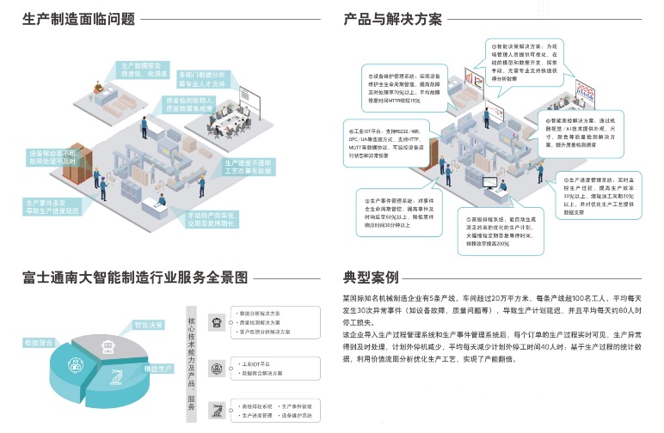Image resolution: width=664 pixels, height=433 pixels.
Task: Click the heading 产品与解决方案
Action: [392, 17]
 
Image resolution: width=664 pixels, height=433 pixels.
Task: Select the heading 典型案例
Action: [371, 277]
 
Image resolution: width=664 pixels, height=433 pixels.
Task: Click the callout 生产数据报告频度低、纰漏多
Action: [143, 70]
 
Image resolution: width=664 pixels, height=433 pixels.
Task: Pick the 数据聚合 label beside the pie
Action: [40, 342]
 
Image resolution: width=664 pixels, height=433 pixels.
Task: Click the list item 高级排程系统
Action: [254, 404]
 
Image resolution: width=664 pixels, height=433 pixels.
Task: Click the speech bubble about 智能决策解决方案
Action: [526, 59]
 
